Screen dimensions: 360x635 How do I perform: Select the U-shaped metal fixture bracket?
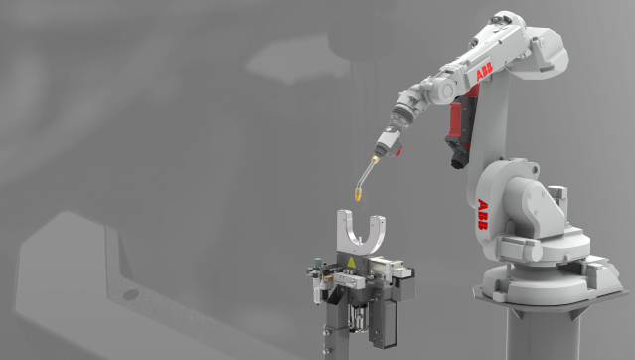[361, 232]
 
